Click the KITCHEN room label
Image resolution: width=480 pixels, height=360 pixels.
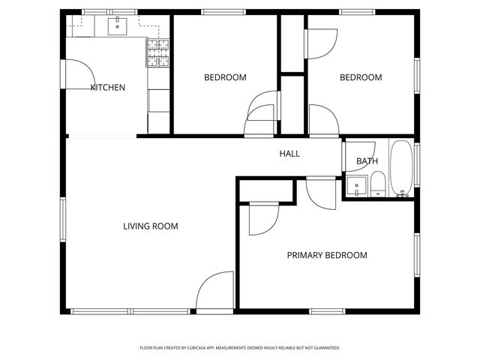point(107,88)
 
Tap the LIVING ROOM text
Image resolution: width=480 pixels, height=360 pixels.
point(151,226)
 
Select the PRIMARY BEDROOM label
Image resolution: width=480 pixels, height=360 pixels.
point(327,255)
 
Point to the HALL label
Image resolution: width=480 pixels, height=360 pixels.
point(289,154)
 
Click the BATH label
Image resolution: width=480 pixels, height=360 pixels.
point(367,161)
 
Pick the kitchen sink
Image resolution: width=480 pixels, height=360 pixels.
point(117,28)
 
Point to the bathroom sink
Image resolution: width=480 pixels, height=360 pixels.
point(357,185)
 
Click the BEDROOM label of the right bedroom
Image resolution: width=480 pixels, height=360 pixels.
point(361,77)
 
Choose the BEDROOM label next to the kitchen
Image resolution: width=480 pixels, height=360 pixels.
point(225,77)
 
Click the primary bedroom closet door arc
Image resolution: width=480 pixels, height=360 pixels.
point(262,220)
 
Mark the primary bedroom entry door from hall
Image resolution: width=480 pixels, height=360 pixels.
point(320,193)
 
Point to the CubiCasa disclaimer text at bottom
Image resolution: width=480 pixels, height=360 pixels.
point(240,348)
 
